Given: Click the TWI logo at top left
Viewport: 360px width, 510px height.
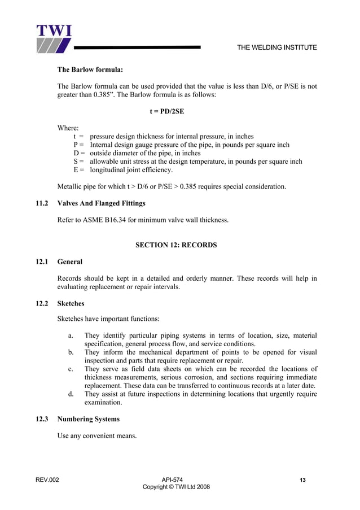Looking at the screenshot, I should tap(54, 38).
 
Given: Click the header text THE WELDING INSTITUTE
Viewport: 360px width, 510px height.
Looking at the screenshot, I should tap(276, 47).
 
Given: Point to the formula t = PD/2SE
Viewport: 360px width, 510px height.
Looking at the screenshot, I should tap(166, 111).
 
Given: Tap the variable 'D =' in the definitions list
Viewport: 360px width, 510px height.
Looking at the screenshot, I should tap(79, 153).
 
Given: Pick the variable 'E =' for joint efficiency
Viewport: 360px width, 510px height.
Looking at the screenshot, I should tap(79, 169).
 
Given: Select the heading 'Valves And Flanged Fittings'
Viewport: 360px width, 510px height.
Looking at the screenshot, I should tap(102, 203).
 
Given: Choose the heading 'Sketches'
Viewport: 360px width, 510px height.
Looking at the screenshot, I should tap(71, 303).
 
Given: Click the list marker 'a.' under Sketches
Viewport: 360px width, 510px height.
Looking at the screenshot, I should tap(71, 335).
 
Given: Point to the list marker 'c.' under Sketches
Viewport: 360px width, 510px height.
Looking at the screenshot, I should tap(71, 369).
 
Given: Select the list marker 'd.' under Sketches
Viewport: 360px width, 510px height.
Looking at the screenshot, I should tap(71, 394).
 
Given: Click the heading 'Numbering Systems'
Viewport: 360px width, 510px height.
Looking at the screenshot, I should tap(88, 419).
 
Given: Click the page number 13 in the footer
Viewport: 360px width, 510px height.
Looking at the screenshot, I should tap(303, 480).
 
